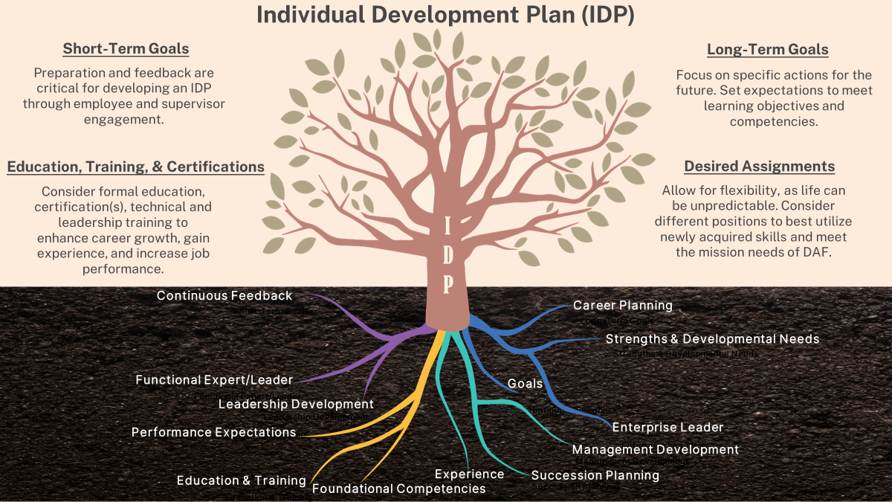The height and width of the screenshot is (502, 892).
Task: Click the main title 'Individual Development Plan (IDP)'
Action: pos(445,16)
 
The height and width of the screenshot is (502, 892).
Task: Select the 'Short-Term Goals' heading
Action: pos(126,49)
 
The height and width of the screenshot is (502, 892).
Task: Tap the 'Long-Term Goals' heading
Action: pos(767,50)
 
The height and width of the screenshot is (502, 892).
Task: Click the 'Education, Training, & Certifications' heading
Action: pos(136,167)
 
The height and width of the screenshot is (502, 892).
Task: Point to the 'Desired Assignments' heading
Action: pos(759,167)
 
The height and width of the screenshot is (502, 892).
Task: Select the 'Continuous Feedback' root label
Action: pos(224,296)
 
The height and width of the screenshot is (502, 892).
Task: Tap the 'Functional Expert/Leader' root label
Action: pos(214,380)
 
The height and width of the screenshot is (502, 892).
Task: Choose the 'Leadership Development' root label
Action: pos(296,404)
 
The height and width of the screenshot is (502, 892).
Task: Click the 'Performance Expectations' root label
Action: pos(213,432)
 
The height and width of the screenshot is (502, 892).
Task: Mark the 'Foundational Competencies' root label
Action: pos(398,489)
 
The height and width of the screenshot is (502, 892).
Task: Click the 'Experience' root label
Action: pos(469,474)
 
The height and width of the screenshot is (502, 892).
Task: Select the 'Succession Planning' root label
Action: pos(595,475)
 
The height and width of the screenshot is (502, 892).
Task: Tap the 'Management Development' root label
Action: pos(655,449)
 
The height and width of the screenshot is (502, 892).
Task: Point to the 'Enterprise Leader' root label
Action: pos(668,427)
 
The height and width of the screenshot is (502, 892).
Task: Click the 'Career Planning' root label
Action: pos(622,305)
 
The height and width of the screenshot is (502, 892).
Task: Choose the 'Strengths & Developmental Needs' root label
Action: pos(712,338)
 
